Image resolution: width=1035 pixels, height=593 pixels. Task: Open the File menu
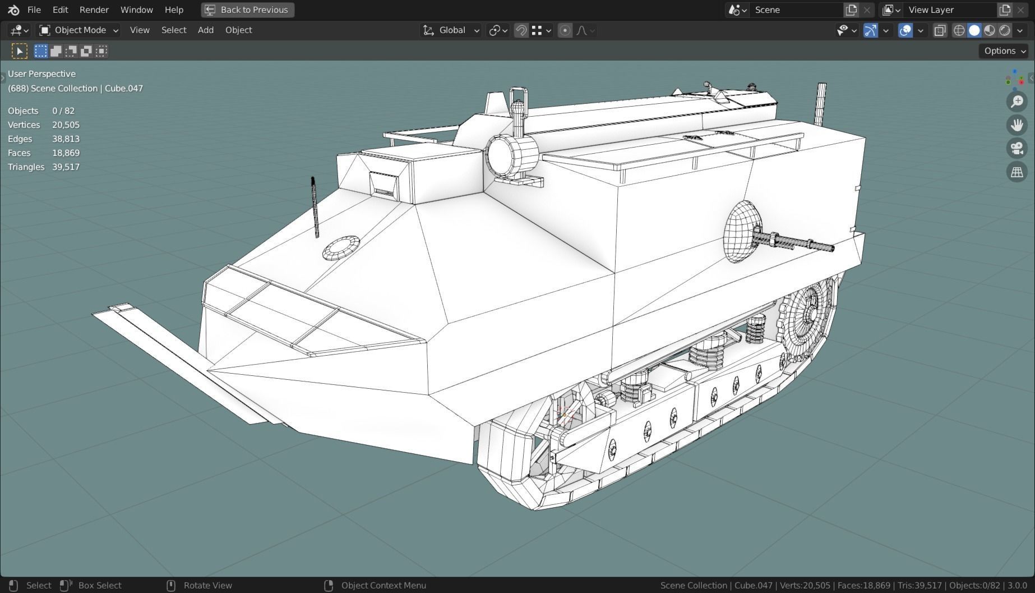34,10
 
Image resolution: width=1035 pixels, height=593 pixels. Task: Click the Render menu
94,10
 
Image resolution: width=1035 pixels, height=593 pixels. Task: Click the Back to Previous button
247,10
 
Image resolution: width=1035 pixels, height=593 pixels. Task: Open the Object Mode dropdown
79,30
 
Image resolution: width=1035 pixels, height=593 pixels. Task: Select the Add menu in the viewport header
205,30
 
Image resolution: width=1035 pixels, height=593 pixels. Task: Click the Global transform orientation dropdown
451,30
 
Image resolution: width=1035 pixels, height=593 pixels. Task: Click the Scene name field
796,10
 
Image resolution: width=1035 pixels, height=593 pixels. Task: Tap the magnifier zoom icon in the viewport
1016,102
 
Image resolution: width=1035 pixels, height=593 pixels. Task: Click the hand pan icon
1016,125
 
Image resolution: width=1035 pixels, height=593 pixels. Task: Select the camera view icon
1016,148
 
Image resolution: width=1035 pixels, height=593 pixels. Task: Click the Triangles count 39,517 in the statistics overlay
66,167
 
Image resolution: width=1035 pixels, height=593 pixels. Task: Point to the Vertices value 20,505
66,125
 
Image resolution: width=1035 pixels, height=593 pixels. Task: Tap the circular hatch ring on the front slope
341,247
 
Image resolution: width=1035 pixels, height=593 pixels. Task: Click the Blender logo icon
13,10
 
